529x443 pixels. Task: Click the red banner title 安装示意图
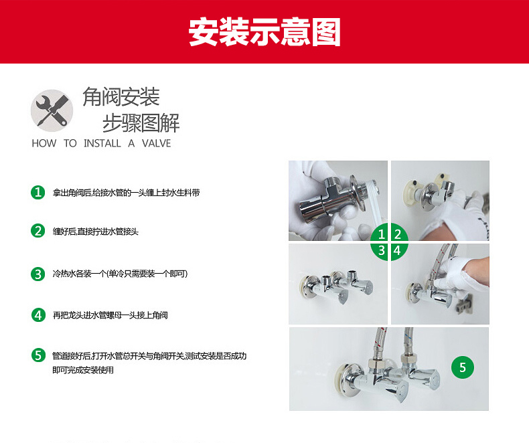(x=264, y=32)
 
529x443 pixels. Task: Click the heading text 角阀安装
(x=121, y=98)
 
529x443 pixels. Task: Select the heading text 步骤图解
(x=141, y=122)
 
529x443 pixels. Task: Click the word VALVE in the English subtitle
(x=156, y=143)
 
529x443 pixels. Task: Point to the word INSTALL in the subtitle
(x=102, y=143)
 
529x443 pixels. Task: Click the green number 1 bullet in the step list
(x=37, y=193)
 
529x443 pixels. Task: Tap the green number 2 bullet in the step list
(x=37, y=232)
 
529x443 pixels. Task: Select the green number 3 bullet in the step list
(x=37, y=274)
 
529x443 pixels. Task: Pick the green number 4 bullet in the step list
(x=37, y=315)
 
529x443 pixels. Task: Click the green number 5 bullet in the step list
(x=37, y=355)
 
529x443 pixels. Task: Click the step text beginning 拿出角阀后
(x=126, y=193)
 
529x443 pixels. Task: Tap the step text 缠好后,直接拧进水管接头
(x=95, y=232)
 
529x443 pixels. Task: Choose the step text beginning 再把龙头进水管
(x=110, y=315)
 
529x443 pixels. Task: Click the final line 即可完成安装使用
(x=83, y=369)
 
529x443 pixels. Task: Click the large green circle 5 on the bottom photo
(x=462, y=367)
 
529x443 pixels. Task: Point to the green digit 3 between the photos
(x=382, y=251)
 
